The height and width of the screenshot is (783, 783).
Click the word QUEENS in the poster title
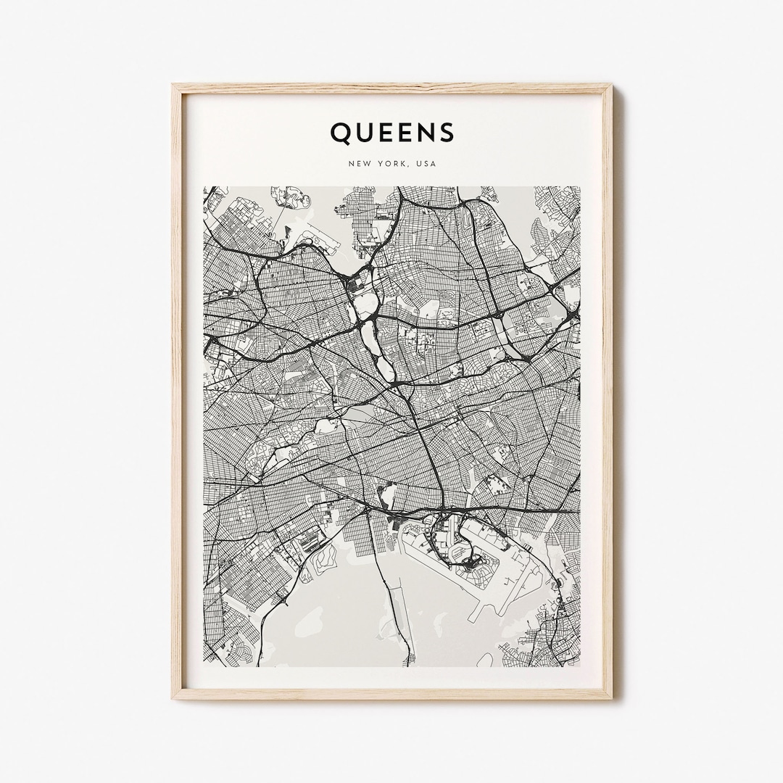click(392, 133)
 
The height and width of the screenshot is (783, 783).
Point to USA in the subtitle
click(427, 164)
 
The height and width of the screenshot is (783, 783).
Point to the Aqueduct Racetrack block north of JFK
click(388, 497)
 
